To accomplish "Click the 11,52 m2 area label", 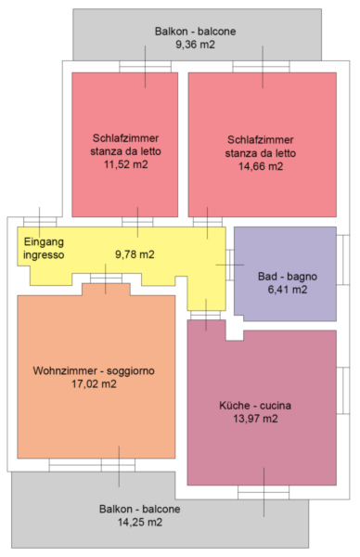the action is coord(125,164).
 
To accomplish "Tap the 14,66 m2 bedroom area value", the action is coord(261,166).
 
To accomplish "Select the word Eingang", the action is coord(44,242).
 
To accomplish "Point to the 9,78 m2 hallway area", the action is coord(135,254).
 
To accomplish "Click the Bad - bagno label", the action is coord(288,277).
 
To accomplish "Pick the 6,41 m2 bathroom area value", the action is coord(288,290).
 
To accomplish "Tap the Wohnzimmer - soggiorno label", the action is coord(94,370).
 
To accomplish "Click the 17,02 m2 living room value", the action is coord(94,384).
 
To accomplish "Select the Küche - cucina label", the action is coord(255,406).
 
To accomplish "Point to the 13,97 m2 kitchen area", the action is coord(255,419).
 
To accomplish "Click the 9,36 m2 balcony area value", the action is coord(195,45).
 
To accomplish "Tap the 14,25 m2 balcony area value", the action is coord(140,522).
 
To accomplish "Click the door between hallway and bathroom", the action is coord(230,265).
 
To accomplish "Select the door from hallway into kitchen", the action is coord(205,315).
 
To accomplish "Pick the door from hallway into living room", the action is coord(106,278).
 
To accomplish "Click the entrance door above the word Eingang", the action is coord(40,222).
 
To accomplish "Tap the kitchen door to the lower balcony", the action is coord(264,492).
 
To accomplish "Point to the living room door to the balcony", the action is coord(118,465).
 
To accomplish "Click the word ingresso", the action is coord(44,255).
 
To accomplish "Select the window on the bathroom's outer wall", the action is coord(343,260).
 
